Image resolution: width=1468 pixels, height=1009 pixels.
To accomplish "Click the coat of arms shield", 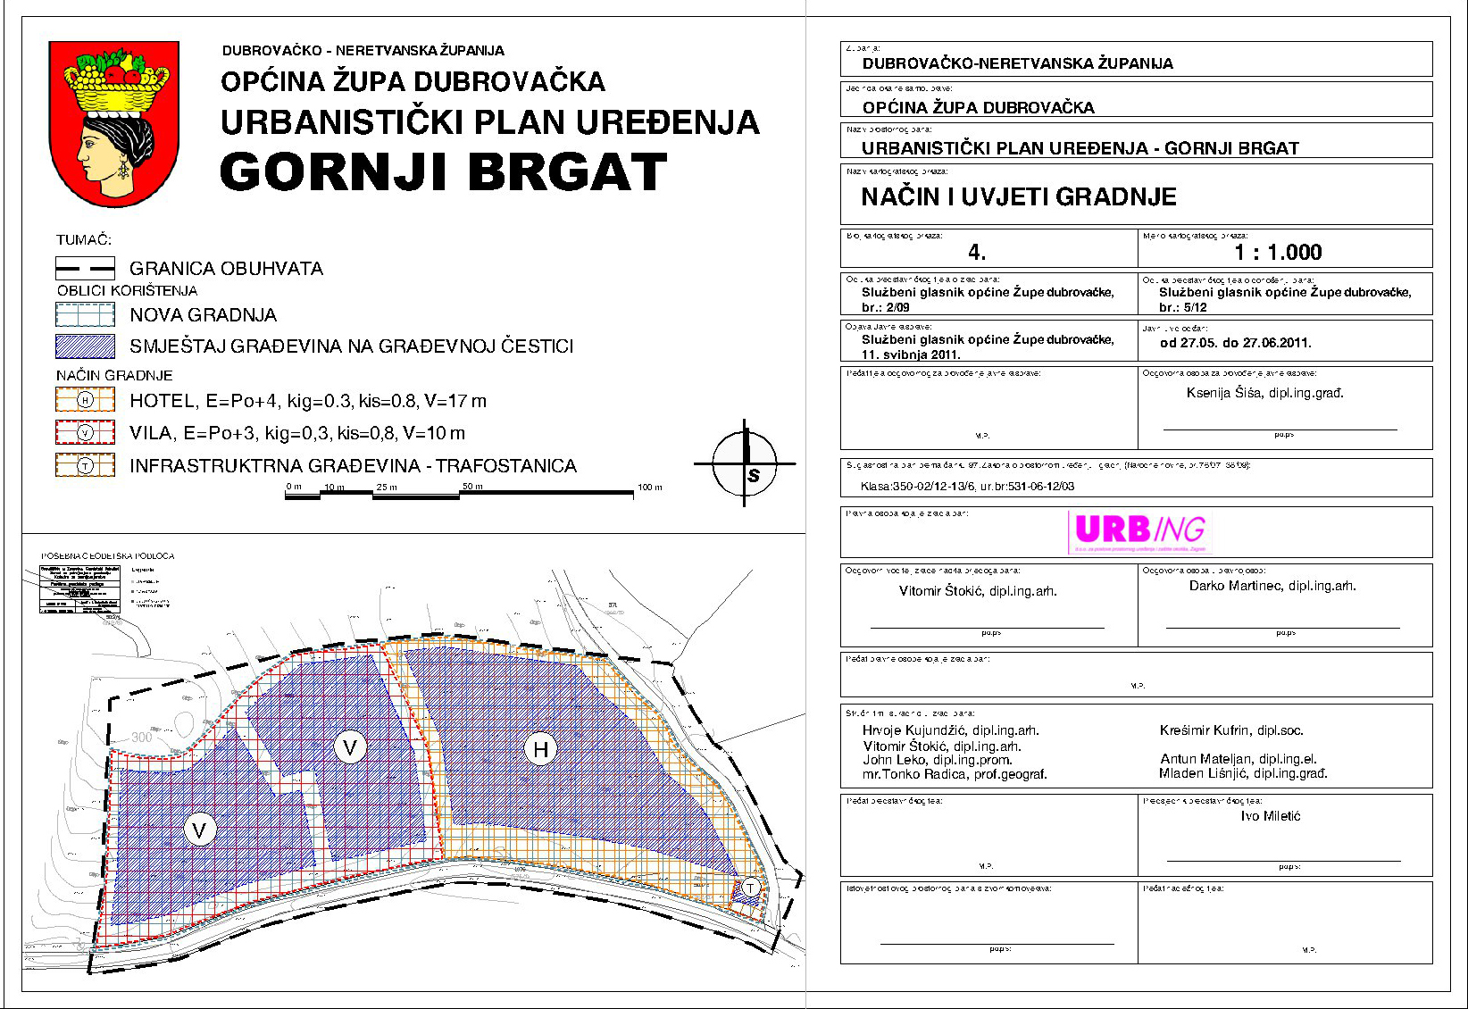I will [114, 123].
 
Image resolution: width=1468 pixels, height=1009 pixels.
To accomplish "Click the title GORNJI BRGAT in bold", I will [443, 172].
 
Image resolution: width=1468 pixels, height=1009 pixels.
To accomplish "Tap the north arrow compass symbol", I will [746, 463].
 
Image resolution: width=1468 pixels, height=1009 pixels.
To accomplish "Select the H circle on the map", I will [540, 748].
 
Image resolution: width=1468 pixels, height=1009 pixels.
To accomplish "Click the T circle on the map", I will [751, 888].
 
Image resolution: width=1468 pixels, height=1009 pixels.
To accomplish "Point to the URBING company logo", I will [1139, 530].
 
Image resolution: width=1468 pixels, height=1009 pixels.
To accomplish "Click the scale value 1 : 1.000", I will [1278, 253].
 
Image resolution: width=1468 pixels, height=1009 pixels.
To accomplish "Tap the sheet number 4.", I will [977, 253].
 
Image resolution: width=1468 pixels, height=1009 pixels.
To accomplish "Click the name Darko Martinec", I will [1272, 586].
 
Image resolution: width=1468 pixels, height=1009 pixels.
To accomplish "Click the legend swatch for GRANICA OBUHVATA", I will [85, 268].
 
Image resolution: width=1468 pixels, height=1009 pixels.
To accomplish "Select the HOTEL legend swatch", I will [85, 400].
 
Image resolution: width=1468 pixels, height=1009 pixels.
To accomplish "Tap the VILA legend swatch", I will [85, 433].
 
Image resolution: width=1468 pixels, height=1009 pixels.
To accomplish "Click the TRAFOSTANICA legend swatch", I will [85, 465].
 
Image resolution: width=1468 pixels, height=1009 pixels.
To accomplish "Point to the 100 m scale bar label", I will [649, 488].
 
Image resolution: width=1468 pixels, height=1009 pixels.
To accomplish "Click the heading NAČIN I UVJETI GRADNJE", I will [1019, 197].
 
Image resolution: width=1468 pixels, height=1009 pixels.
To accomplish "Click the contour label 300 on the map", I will [142, 738].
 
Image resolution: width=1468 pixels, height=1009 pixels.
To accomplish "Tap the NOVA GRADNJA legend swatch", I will [85, 314].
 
